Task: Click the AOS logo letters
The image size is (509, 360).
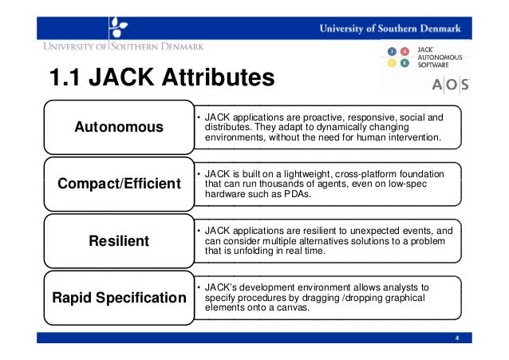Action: point(450,85)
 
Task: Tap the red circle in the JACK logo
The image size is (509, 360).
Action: point(404,51)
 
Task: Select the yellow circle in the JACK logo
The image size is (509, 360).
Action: point(392,64)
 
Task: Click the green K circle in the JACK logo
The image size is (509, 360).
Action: point(404,64)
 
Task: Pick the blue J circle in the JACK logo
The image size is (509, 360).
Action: point(392,51)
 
